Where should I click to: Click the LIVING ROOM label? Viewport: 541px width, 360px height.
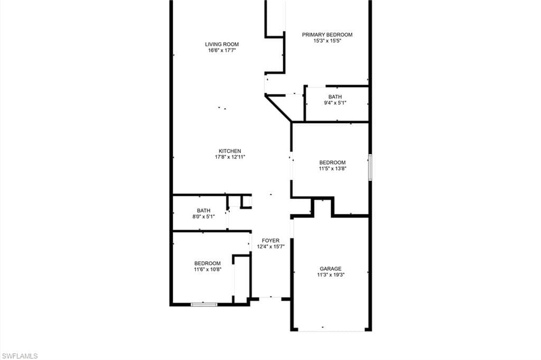pyautogui.click(x=222, y=44)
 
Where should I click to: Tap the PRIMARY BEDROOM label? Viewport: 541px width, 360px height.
pyautogui.click(x=327, y=34)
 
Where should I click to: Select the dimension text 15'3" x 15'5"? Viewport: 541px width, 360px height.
pyautogui.click(x=327, y=41)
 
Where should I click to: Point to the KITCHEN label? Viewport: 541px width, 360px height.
pyautogui.click(x=230, y=151)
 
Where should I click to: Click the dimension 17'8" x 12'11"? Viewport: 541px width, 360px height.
pyautogui.click(x=230, y=157)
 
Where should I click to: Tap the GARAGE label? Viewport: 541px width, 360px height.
pyautogui.click(x=331, y=269)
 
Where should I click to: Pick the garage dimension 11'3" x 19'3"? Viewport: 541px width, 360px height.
pyautogui.click(x=331, y=275)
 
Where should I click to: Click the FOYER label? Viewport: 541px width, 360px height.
pyautogui.click(x=270, y=241)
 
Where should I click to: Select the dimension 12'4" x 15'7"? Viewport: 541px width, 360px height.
pyautogui.click(x=270, y=247)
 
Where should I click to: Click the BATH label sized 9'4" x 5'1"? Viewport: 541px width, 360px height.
pyautogui.click(x=335, y=97)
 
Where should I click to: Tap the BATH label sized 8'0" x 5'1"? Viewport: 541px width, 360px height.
pyautogui.click(x=203, y=211)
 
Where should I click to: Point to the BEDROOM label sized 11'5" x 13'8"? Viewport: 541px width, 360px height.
pyautogui.click(x=332, y=163)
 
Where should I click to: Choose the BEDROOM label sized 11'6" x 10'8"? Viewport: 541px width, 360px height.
pyautogui.click(x=207, y=263)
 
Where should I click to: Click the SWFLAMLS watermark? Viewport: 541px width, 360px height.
pyautogui.click(x=20, y=356)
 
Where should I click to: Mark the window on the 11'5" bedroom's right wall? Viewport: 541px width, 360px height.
pyautogui.click(x=370, y=167)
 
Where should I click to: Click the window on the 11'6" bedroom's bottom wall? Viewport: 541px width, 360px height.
pyautogui.click(x=204, y=304)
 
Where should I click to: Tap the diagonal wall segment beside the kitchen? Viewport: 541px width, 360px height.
pyautogui.click(x=278, y=109)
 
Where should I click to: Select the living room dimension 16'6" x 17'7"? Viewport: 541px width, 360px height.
pyautogui.click(x=222, y=50)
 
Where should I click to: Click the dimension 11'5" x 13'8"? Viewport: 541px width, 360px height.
pyautogui.click(x=332, y=169)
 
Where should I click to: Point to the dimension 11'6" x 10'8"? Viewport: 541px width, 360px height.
pyautogui.click(x=207, y=270)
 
